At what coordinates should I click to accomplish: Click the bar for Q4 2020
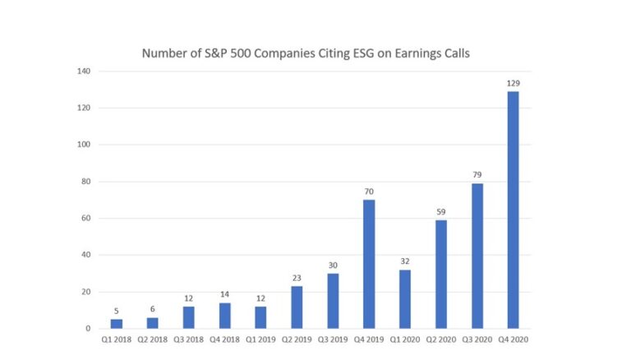513,210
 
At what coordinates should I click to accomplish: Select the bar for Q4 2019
369,264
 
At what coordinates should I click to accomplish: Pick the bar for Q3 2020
477,256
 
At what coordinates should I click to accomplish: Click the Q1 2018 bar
117,324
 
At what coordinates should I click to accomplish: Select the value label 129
514,83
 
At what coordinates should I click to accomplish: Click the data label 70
369,192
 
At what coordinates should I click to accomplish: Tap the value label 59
440,212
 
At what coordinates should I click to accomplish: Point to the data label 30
333,265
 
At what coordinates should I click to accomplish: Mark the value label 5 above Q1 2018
117,312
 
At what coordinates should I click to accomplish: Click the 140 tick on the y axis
84,72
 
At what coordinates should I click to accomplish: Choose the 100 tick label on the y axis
84,145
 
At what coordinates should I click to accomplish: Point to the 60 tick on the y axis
85,219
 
